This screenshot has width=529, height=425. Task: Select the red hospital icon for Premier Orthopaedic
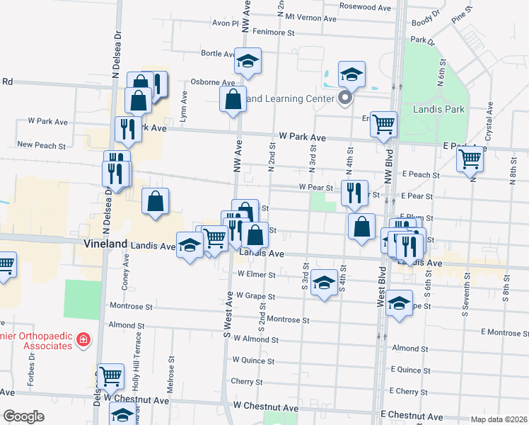point(83,340)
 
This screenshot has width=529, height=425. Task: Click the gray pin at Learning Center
point(345,98)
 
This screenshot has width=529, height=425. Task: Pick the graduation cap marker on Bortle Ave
point(248,62)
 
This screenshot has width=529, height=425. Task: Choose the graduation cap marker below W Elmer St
point(324,283)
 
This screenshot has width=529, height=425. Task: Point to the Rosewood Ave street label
point(365,7)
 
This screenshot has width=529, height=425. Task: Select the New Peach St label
point(41,145)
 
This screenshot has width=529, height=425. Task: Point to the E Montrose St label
point(504,332)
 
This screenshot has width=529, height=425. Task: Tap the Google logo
point(23,416)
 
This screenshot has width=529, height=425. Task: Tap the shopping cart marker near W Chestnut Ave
point(110,375)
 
